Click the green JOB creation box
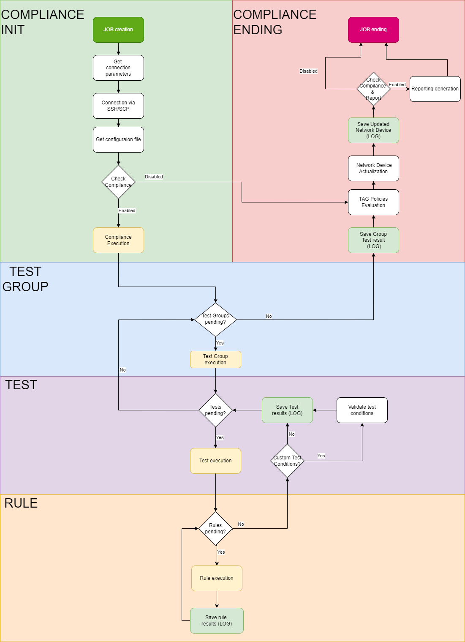click(x=118, y=30)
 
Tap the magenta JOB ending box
click(x=373, y=30)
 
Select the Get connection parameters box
click(x=118, y=68)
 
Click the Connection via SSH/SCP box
click(x=118, y=106)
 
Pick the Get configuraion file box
click(x=118, y=139)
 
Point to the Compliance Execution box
click(x=118, y=240)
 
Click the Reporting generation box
click(x=435, y=89)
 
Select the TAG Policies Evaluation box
click(x=373, y=202)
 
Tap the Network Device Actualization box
click(x=373, y=168)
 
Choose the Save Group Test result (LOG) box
click(x=373, y=240)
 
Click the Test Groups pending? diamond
click(x=215, y=319)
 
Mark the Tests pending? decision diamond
click(x=215, y=410)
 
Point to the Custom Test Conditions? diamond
click(x=287, y=461)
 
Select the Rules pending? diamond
click(x=215, y=528)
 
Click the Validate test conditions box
click(x=362, y=410)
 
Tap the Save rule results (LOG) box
click(x=217, y=620)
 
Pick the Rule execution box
click(x=217, y=578)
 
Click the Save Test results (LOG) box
click(x=287, y=410)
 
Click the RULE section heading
click(x=21, y=503)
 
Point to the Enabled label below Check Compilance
click(x=127, y=210)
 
